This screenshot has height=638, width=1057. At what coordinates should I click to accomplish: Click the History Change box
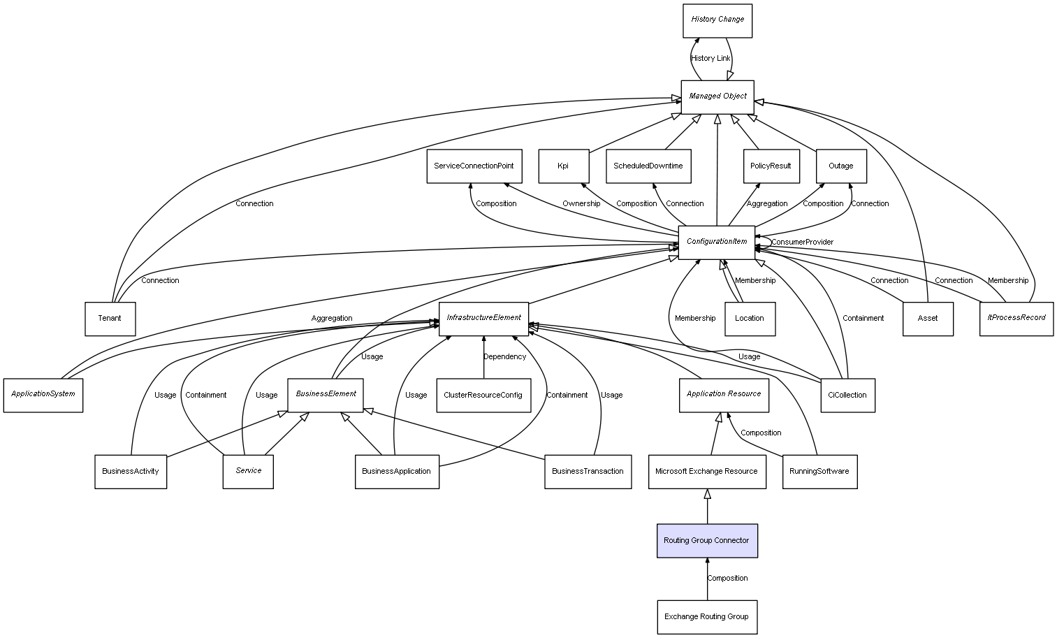pyautogui.click(x=717, y=20)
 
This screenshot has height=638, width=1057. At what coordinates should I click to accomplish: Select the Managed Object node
pyautogui.click(x=717, y=96)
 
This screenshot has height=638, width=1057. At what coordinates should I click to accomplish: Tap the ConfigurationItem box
pyautogui.click(x=717, y=242)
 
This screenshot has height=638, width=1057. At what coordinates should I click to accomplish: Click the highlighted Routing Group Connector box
pyautogui.click(x=707, y=541)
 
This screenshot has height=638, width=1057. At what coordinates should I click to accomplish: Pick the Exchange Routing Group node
pyautogui.click(x=707, y=617)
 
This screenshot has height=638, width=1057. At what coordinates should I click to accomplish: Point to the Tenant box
pyautogui.click(x=110, y=319)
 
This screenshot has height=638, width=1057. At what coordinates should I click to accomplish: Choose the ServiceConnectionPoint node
pyautogui.click(x=474, y=166)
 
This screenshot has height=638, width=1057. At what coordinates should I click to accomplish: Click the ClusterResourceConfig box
pyautogui.click(x=483, y=396)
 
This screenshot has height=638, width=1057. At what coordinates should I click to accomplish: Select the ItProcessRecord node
pyautogui.click(x=1016, y=318)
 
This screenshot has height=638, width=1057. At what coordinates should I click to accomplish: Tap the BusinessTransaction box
pyautogui.click(x=588, y=472)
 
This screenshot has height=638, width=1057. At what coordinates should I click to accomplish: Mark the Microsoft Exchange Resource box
pyautogui.click(x=707, y=472)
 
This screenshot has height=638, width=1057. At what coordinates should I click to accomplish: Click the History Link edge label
pyautogui.click(x=710, y=59)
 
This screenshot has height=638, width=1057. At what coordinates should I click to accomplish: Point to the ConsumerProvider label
pyautogui.click(x=802, y=242)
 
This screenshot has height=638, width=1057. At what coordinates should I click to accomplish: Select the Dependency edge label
pyautogui.click(x=504, y=357)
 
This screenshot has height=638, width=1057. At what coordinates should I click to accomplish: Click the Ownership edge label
pyautogui.click(x=581, y=204)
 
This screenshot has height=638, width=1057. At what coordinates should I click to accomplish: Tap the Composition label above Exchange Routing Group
pyautogui.click(x=727, y=579)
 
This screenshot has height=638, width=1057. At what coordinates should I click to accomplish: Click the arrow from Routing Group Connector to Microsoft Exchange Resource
pyautogui.click(x=707, y=507)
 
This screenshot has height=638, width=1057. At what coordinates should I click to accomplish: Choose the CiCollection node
pyautogui.click(x=847, y=396)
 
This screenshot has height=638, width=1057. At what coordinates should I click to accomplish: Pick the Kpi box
pyautogui.click(x=563, y=166)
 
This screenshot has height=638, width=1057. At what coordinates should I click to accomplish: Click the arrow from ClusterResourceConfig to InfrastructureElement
pyautogui.click(x=483, y=358)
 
